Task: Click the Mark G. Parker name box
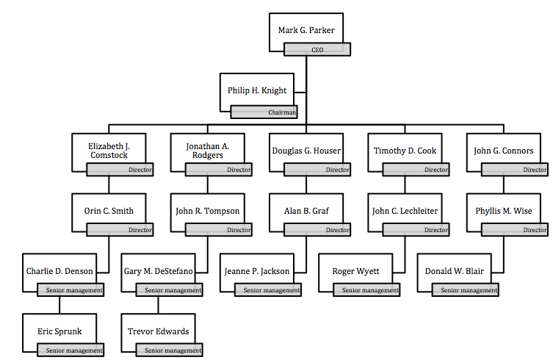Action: [x=306, y=30]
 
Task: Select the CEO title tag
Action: [x=317, y=50]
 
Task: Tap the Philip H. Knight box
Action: [x=257, y=90]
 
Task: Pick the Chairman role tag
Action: [x=264, y=112]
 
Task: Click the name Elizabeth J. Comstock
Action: [x=109, y=150]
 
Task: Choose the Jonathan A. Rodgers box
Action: [x=207, y=150]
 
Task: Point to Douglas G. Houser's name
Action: [x=306, y=151]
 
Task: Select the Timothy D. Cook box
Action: [x=405, y=151]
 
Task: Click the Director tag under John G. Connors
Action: [x=514, y=170]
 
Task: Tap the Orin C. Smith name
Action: [x=109, y=211]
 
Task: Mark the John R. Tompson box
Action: [x=207, y=211]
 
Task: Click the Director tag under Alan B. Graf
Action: [x=317, y=230]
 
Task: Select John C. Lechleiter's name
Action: [x=405, y=211]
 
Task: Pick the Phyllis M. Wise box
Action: [x=503, y=211]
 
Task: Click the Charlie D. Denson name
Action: [x=59, y=271]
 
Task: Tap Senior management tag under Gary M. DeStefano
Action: [x=169, y=290]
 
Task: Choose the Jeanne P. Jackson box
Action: [x=256, y=271]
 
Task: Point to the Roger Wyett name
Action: [x=355, y=271]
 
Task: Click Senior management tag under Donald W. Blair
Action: [x=465, y=290]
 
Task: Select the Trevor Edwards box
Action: [x=158, y=331]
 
